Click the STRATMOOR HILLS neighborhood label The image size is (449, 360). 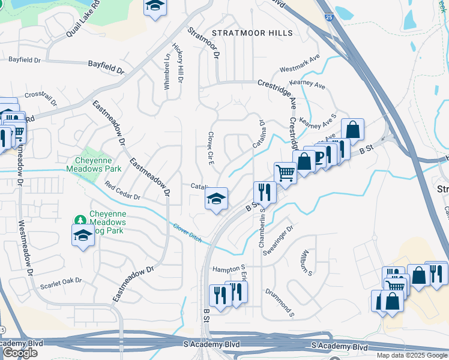click(252, 33)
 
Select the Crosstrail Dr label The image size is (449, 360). click(40, 98)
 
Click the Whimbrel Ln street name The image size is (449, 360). click(167, 73)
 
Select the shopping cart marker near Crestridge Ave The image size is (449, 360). click(285, 173)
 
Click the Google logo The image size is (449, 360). click(20, 353)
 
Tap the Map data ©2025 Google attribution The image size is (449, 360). click(411, 355)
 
